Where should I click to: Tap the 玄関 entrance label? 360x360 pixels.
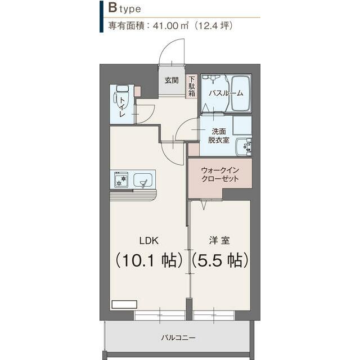(172, 80)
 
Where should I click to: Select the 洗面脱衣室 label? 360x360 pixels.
(218, 136)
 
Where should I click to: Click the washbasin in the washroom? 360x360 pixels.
(244, 146)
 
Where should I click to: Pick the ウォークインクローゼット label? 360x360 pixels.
(220, 174)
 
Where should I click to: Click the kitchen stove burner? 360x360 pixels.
(120, 180)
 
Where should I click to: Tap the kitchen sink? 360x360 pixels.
(144, 181)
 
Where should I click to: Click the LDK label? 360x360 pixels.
(148, 240)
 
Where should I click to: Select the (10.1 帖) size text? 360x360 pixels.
(148, 260)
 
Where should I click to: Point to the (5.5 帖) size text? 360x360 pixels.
(220, 260)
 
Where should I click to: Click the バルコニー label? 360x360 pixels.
(178, 337)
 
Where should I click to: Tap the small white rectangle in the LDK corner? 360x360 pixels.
(124, 304)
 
